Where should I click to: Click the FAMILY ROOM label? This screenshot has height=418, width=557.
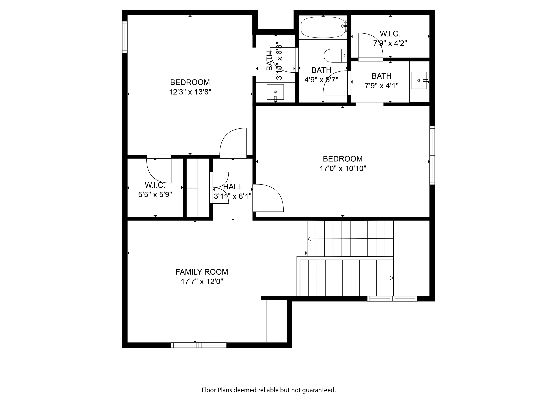coord(202,272)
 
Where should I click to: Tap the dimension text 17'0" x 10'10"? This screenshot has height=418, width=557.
coord(343,168)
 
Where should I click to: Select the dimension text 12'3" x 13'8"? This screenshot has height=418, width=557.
coord(190,92)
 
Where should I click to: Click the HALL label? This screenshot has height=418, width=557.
coord(233,187)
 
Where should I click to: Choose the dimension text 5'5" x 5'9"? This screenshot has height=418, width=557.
coord(155,194)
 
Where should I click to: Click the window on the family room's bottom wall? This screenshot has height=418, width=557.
coord(199,345)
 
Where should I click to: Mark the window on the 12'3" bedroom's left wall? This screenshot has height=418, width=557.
coord(125,37)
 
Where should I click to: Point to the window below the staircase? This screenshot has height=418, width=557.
coord(392,299)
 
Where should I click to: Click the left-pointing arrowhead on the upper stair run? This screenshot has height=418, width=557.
coord(309,239)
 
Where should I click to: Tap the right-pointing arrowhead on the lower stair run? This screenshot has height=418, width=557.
coord(391,278)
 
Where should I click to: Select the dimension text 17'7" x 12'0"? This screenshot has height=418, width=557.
coord(202,281)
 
